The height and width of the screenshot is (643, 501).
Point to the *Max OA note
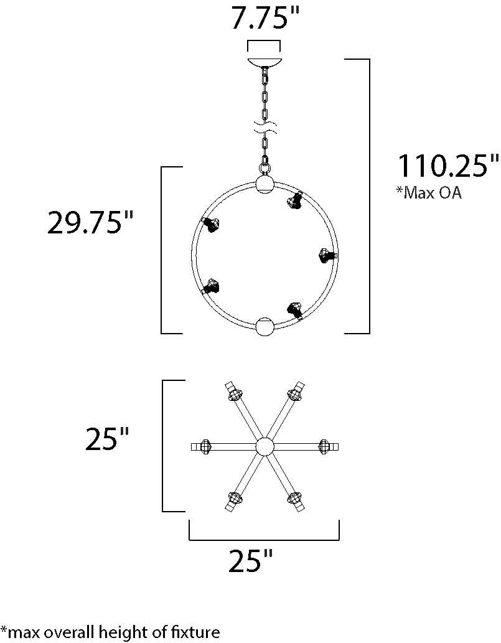(429, 192)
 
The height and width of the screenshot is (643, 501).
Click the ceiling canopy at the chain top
(264, 62)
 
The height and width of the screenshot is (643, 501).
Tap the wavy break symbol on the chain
(265, 128)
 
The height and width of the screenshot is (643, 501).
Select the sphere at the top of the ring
(265, 184)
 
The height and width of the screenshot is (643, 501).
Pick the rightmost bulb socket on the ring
(328, 255)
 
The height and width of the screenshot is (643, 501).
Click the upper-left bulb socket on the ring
(211, 225)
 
